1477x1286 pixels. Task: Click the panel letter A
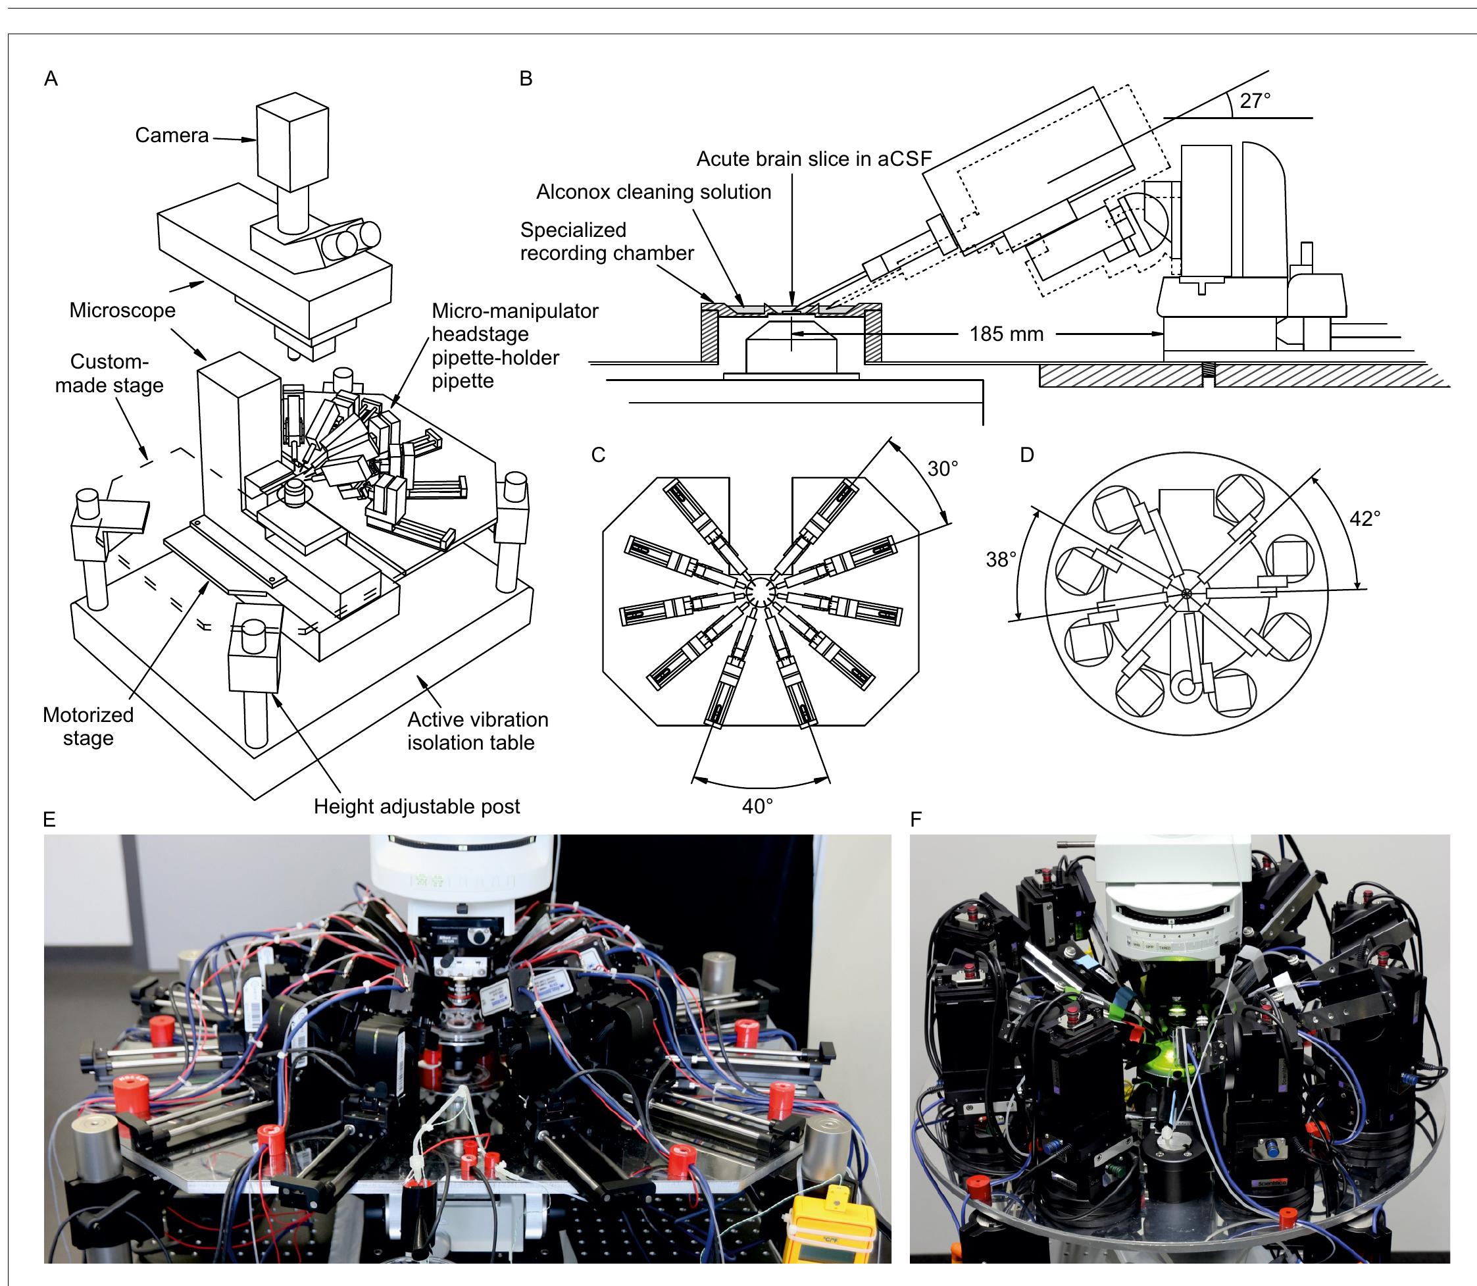pos(50,79)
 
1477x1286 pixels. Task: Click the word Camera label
pos(172,136)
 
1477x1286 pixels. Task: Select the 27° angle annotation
pos(1255,101)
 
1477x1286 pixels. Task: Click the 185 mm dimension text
pos(1006,334)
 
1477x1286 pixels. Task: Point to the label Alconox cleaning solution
pos(653,192)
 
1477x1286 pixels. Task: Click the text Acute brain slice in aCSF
pos(813,159)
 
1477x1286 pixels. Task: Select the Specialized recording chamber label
pos(606,242)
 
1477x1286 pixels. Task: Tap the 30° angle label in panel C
pos(943,469)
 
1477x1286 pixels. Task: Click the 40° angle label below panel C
pos(757,806)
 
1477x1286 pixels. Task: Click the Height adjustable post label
pos(416,807)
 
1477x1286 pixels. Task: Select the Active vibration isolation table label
pos(477,731)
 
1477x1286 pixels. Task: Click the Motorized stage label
pos(88,726)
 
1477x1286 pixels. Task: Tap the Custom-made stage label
pos(109,373)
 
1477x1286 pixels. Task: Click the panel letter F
pos(915,819)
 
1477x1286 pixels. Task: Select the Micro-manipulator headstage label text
pos(514,322)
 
